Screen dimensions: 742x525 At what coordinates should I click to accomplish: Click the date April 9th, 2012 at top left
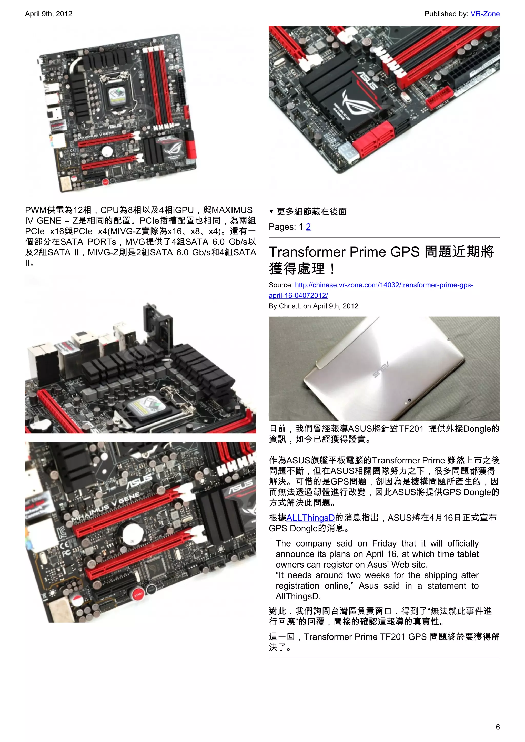coord(48,14)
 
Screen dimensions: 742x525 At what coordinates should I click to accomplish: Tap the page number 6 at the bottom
coord(498,727)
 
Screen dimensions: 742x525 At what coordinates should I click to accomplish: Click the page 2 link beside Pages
coord(308,227)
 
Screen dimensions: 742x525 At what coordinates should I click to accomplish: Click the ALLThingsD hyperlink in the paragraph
coord(310,518)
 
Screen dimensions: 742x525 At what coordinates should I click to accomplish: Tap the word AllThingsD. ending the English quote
coord(298,596)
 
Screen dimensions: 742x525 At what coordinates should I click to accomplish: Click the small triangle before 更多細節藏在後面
coord(271,212)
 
